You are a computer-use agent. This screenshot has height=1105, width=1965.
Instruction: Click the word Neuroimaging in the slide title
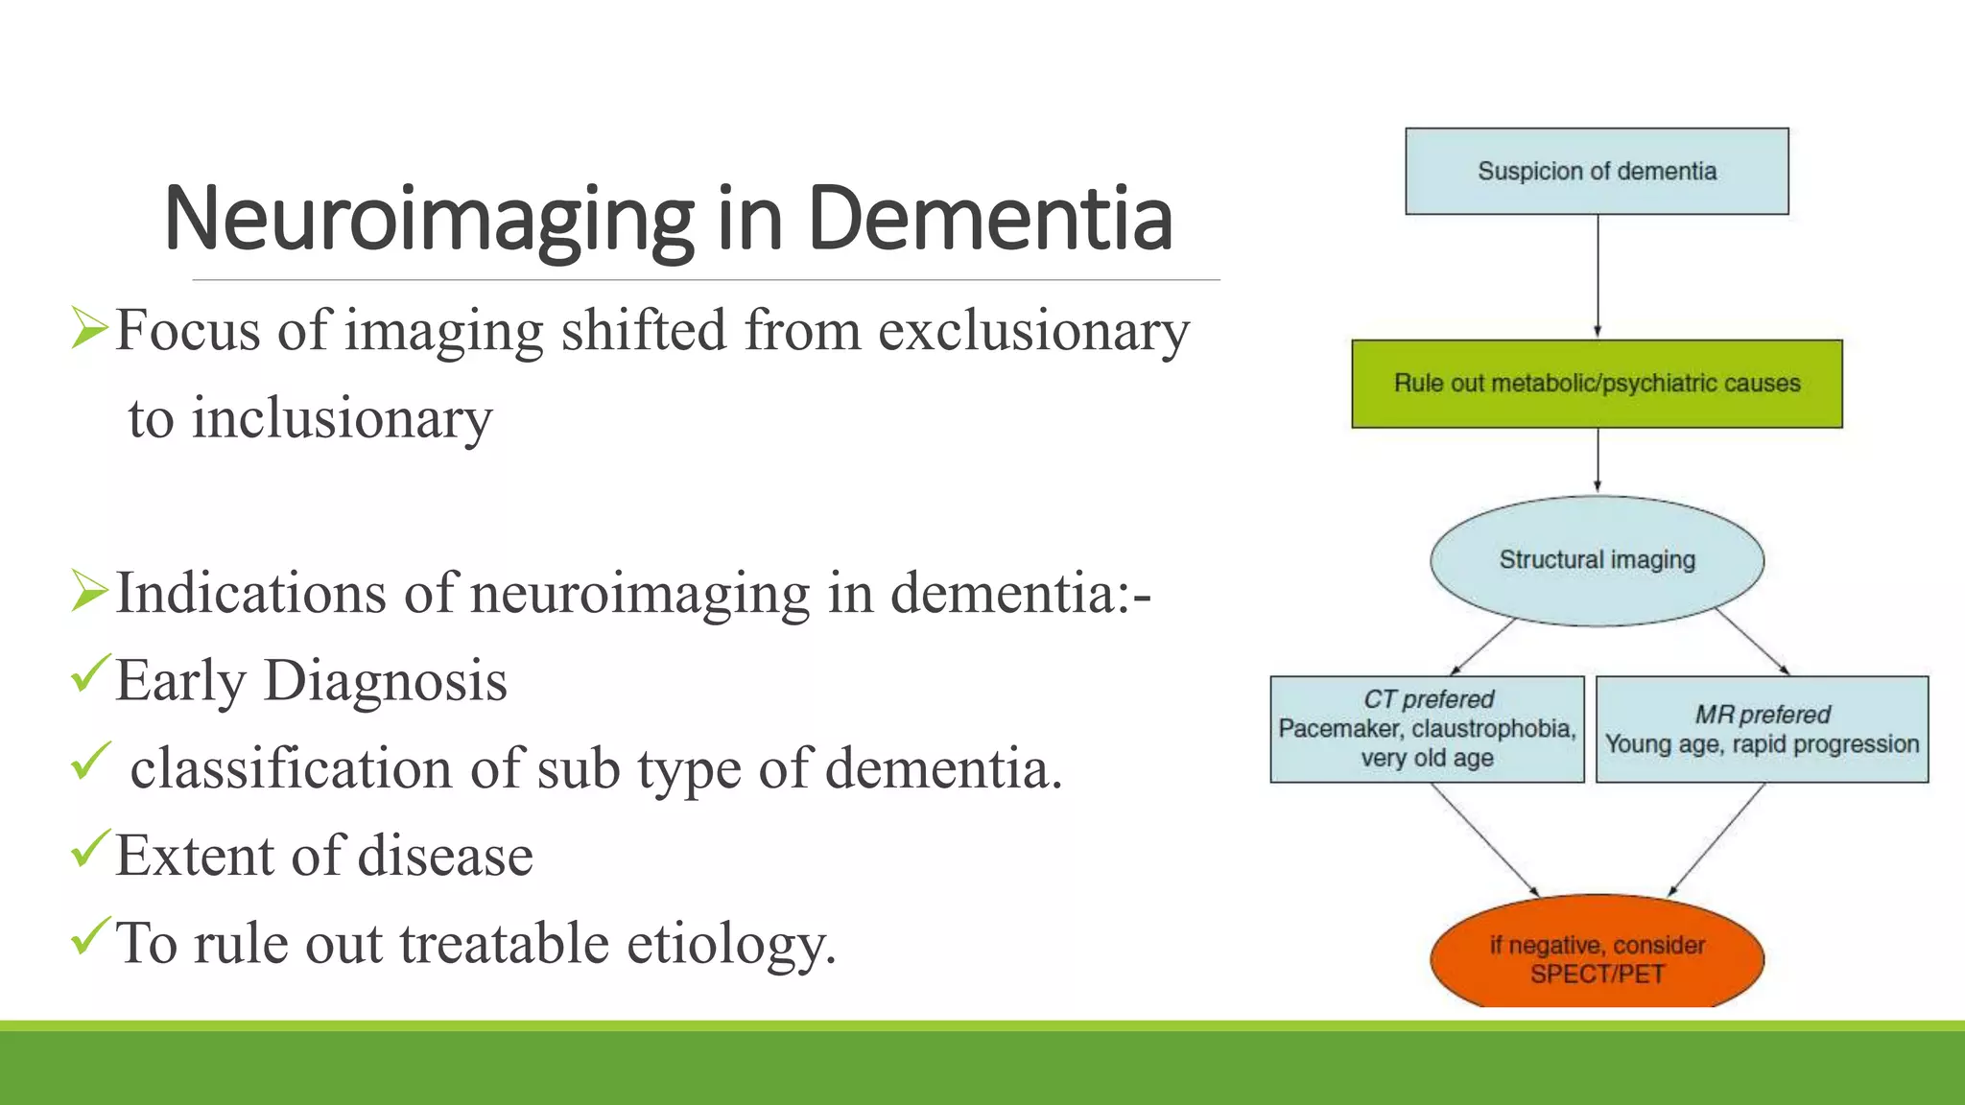pyautogui.click(x=428, y=221)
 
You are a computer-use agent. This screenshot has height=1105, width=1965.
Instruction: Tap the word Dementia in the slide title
pyautogui.click(x=989, y=219)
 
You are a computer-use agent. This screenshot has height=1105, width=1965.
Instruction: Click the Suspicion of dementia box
pyautogui.click(x=1597, y=172)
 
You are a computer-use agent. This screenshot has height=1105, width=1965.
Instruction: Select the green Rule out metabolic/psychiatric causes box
pyautogui.click(x=1597, y=384)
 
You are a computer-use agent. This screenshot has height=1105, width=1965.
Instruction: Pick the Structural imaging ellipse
pyautogui.click(x=1597, y=560)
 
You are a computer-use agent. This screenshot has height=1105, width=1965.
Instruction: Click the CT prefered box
pyautogui.click(x=1427, y=729)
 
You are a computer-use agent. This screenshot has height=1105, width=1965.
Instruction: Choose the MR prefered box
pyautogui.click(x=1762, y=729)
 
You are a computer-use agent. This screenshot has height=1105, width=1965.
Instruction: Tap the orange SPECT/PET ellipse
pyautogui.click(x=1597, y=954)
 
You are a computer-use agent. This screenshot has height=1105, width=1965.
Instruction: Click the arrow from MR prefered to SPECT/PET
pyautogui.click(x=1716, y=840)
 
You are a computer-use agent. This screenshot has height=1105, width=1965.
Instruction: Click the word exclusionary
pyautogui.click(x=1033, y=332)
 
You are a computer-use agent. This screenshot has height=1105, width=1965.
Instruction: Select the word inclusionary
pyautogui.click(x=342, y=419)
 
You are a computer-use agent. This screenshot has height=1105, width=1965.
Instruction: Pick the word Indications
pyautogui.click(x=250, y=594)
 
